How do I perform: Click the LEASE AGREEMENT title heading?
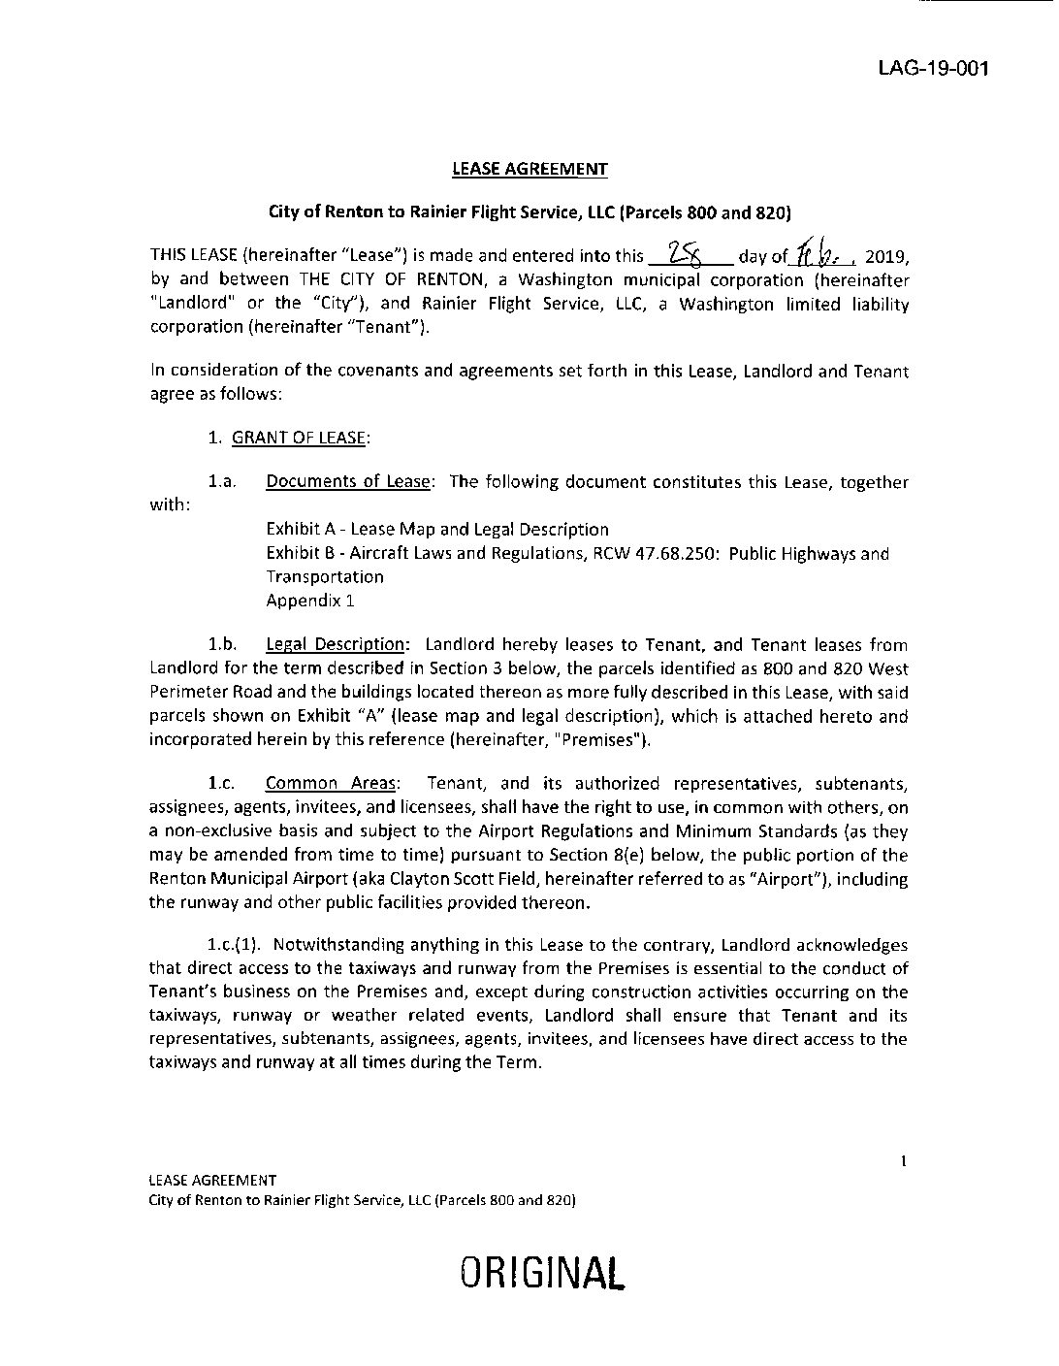coord(529,169)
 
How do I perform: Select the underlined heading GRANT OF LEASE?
coord(299,438)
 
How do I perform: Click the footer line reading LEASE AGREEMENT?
coord(212,1181)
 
